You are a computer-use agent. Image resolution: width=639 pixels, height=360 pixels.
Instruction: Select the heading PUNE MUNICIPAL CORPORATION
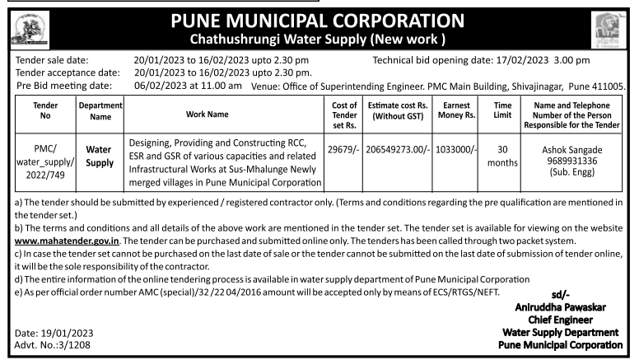pyautogui.click(x=319, y=18)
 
